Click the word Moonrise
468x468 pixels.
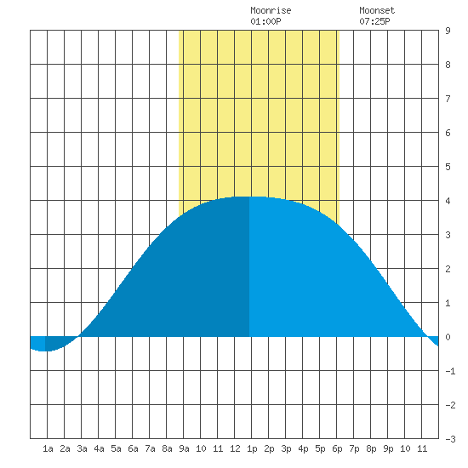pyautogui.click(x=271, y=10)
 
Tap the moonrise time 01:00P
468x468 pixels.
pyautogui.click(x=265, y=21)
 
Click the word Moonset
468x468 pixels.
pyautogui.click(x=377, y=10)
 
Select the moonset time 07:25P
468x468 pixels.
pyautogui.click(x=374, y=21)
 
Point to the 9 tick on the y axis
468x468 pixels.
pyautogui.click(x=448, y=31)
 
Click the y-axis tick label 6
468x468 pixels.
pyautogui.click(x=448, y=133)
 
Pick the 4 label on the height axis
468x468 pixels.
pyautogui.click(x=448, y=201)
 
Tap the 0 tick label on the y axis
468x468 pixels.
pyautogui.click(x=448, y=337)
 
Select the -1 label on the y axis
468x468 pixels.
pyautogui.click(x=450, y=371)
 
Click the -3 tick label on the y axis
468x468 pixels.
pyautogui.click(x=450, y=439)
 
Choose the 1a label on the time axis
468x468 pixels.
pyautogui.click(x=48, y=448)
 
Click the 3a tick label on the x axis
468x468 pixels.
pyautogui.click(x=82, y=448)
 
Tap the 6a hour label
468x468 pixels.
pyautogui.click(x=133, y=448)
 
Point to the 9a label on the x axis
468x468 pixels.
pyautogui.click(x=184, y=448)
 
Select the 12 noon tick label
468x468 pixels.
pyautogui.click(x=235, y=448)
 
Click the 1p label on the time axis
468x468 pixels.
pyautogui.click(x=252, y=448)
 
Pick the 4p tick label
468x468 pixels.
pyautogui.click(x=303, y=448)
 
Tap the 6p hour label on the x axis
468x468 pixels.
pyautogui.click(x=337, y=448)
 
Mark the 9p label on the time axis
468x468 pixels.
pyautogui.click(x=388, y=448)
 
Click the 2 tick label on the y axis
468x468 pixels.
pyautogui.click(x=448, y=269)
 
